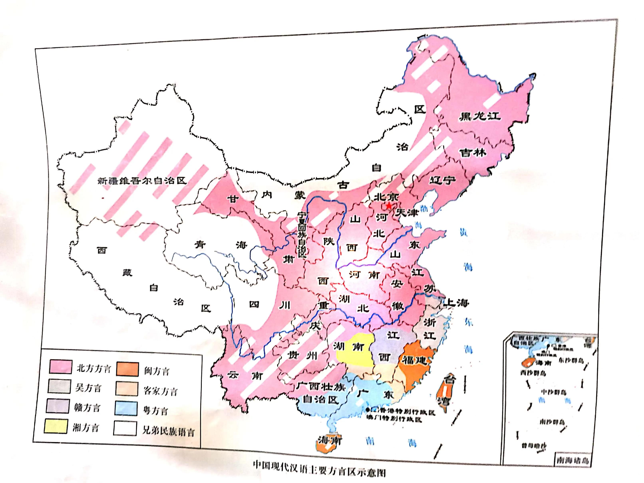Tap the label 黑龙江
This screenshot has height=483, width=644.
[x=480, y=116]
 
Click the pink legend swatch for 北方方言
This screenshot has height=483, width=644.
[x=61, y=366]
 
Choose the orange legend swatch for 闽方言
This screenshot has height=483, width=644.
[x=127, y=369]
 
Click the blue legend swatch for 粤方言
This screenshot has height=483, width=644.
[x=126, y=408]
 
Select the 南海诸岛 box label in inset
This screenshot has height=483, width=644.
[x=572, y=460]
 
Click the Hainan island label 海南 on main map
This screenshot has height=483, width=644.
[x=330, y=440]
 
